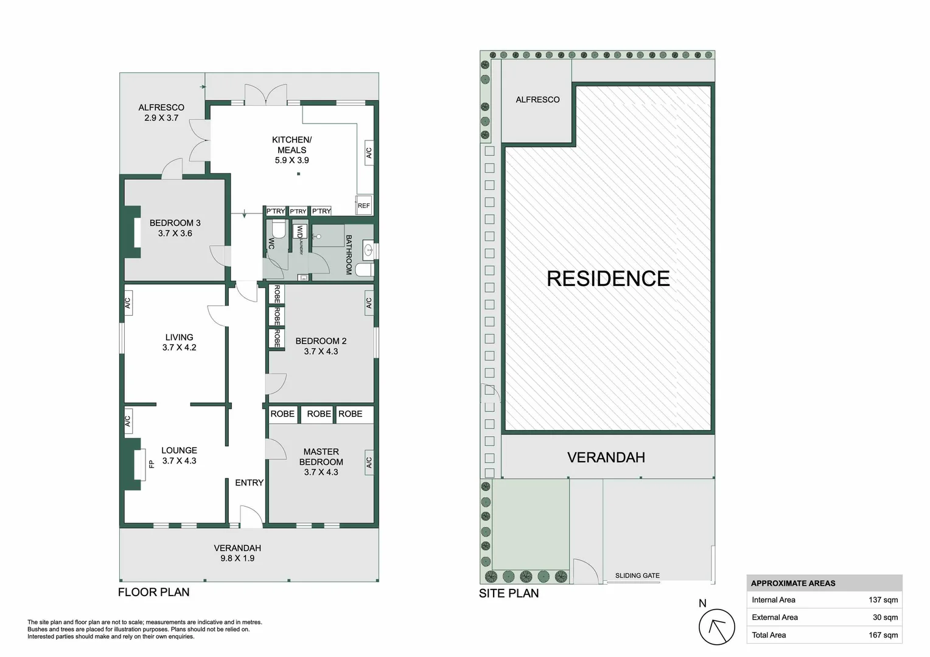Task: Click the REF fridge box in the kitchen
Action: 363,206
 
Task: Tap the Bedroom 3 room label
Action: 175,223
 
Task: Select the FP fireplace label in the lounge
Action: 151,464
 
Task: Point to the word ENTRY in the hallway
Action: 249,482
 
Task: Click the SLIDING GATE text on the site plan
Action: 637,575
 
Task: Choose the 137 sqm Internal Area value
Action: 883,600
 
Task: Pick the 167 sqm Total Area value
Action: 883,635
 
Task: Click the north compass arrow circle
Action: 716,627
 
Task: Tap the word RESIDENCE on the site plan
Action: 607,279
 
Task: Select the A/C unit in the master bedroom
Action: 369,463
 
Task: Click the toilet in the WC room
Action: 279,229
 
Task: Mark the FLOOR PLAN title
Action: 153,592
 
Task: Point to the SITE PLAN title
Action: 508,593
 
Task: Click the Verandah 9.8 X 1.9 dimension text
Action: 237,558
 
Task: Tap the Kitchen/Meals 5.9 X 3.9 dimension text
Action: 292,161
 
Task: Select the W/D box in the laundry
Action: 299,232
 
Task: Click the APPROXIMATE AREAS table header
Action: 792,583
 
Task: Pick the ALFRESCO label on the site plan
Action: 537,100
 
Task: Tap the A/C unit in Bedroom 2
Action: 369,302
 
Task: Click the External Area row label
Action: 774,617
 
